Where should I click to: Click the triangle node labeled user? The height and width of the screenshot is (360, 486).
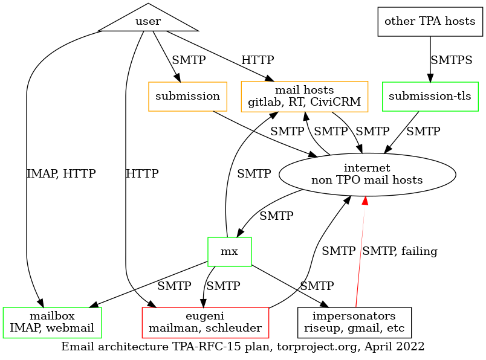pos(148,21)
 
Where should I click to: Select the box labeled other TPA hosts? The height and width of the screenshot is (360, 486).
pos(430,22)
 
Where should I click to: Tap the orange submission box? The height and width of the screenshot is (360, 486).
pos(187,97)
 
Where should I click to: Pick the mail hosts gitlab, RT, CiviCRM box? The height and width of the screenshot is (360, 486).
pos(305,97)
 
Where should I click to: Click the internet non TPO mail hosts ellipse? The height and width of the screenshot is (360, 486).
pos(367,174)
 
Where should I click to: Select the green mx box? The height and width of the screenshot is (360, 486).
pos(229,251)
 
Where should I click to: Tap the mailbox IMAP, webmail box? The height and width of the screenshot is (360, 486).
pos(52,323)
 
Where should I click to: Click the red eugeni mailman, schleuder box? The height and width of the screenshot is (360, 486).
pos(205,323)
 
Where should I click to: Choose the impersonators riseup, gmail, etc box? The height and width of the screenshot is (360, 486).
pos(354,323)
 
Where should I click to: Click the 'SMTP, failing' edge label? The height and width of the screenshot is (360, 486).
pos(400,251)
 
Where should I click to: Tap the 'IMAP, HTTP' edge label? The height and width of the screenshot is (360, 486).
pos(61,174)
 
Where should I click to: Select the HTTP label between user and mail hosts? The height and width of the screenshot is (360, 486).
pos(258,60)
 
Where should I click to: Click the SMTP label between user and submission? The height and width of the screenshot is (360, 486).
pos(189,60)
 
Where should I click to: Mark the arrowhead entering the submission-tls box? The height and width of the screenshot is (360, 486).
pos(430,77)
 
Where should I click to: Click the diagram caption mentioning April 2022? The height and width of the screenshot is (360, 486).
pos(243,347)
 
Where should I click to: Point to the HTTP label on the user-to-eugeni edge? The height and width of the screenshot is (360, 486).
pos(142,174)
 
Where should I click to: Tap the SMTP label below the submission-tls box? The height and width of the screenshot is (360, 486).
pos(423,130)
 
